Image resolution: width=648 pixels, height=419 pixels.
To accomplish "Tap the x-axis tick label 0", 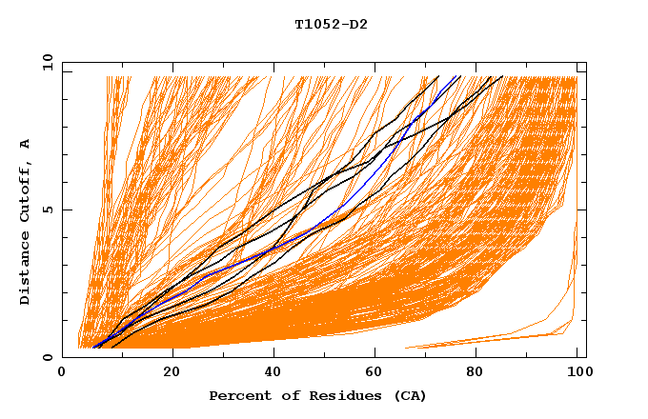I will tap(63, 372).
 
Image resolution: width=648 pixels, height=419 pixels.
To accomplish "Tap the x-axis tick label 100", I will tap(577, 372).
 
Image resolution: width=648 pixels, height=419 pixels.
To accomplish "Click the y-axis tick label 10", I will tap(47, 62).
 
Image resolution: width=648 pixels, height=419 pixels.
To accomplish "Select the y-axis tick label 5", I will tap(51, 209).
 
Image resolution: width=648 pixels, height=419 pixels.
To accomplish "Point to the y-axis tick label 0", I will tap(51, 357).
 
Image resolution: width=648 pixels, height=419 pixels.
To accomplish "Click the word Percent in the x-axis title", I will tap(238, 395).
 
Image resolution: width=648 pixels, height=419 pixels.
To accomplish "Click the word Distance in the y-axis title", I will tap(26, 271).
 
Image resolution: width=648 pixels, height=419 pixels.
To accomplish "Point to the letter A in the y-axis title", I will tap(26, 143).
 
